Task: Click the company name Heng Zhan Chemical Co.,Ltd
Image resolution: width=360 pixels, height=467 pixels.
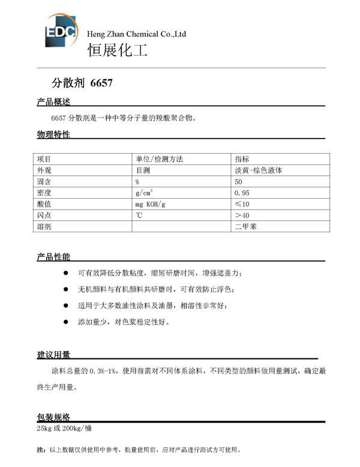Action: click(x=137, y=34)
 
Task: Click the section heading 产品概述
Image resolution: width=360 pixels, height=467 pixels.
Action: click(x=53, y=102)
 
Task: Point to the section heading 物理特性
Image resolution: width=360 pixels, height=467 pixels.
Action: click(x=53, y=134)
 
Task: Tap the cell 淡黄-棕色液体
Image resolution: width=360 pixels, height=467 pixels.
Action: click(x=258, y=170)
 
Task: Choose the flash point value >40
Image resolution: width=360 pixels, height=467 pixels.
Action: click(x=242, y=215)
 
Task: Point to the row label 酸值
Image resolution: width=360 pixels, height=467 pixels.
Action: click(x=44, y=204)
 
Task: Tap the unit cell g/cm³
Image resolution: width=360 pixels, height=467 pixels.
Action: click(x=144, y=193)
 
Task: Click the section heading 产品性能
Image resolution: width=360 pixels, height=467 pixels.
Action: click(x=53, y=257)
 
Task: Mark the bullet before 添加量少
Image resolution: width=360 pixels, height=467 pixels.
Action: click(x=66, y=322)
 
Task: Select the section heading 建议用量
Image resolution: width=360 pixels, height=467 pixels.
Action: click(x=53, y=355)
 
